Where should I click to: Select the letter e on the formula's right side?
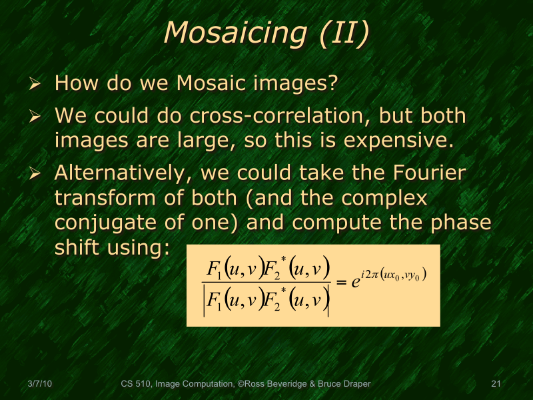click(356, 283)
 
